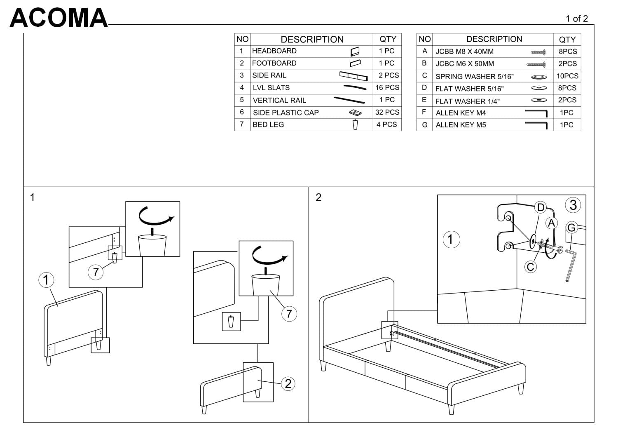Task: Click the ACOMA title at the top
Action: click(x=59, y=18)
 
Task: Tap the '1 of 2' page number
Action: click(x=576, y=19)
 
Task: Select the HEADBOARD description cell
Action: click(x=274, y=51)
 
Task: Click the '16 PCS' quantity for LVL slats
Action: click(x=387, y=87)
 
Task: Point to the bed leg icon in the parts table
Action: click(x=355, y=125)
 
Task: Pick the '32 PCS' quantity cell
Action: click(x=387, y=112)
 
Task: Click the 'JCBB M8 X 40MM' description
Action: click(x=464, y=52)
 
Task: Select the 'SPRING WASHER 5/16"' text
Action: click(x=474, y=76)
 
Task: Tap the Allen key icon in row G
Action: click(x=536, y=125)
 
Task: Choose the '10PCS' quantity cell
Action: click(x=567, y=76)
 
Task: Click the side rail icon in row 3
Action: click(x=353, y=76)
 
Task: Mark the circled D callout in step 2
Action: click(x=541, y=207)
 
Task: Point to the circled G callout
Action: click(x=571, y=228)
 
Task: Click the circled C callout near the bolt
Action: click(x=531, y=267)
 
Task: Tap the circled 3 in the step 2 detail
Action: click(x=573, y=205)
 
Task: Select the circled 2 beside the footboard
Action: click(x=288, y=384)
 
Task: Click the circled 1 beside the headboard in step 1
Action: click(x=46, y=280)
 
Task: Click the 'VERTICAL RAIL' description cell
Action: click(x=279, y=100)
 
